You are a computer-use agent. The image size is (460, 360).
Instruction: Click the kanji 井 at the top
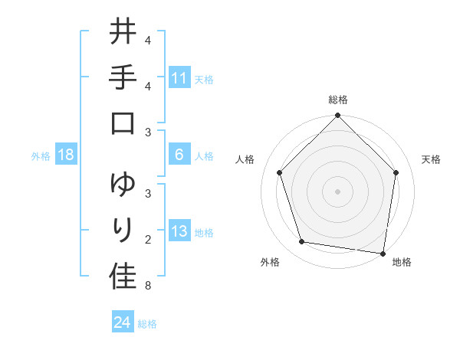(x=123, y=34)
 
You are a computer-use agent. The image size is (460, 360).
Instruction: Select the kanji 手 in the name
(x=123, y=79)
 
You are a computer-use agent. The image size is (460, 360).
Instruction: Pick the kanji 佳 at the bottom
(x=123, y=277)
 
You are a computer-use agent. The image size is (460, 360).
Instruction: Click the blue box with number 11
(x=179, y=78)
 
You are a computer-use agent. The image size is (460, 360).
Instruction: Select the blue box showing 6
(x=179, y=155)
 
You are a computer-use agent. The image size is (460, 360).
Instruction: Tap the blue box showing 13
(x=179, y=232)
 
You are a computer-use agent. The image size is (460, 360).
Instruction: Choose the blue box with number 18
(x=66, y=155)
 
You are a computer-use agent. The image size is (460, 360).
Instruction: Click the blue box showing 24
(x=123, y=322)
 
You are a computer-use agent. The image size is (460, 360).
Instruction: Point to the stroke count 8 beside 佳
(x=147, y=286)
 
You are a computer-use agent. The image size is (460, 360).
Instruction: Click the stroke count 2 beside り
(x=147, y=241)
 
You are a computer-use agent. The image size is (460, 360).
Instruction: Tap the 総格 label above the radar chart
(x=338, y=100)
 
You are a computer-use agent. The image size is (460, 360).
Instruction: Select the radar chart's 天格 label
(x=432, y=159)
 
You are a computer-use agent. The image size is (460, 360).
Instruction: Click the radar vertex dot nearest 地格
(x=383, y=253)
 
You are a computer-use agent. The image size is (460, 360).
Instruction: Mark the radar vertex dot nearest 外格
(x=302, y=242)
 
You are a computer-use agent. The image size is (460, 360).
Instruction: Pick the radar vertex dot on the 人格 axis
(x=280, y=172)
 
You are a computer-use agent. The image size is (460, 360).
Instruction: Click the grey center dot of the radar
(x=338, y=191)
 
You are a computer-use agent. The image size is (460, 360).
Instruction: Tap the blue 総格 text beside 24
(x=148, y=323)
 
